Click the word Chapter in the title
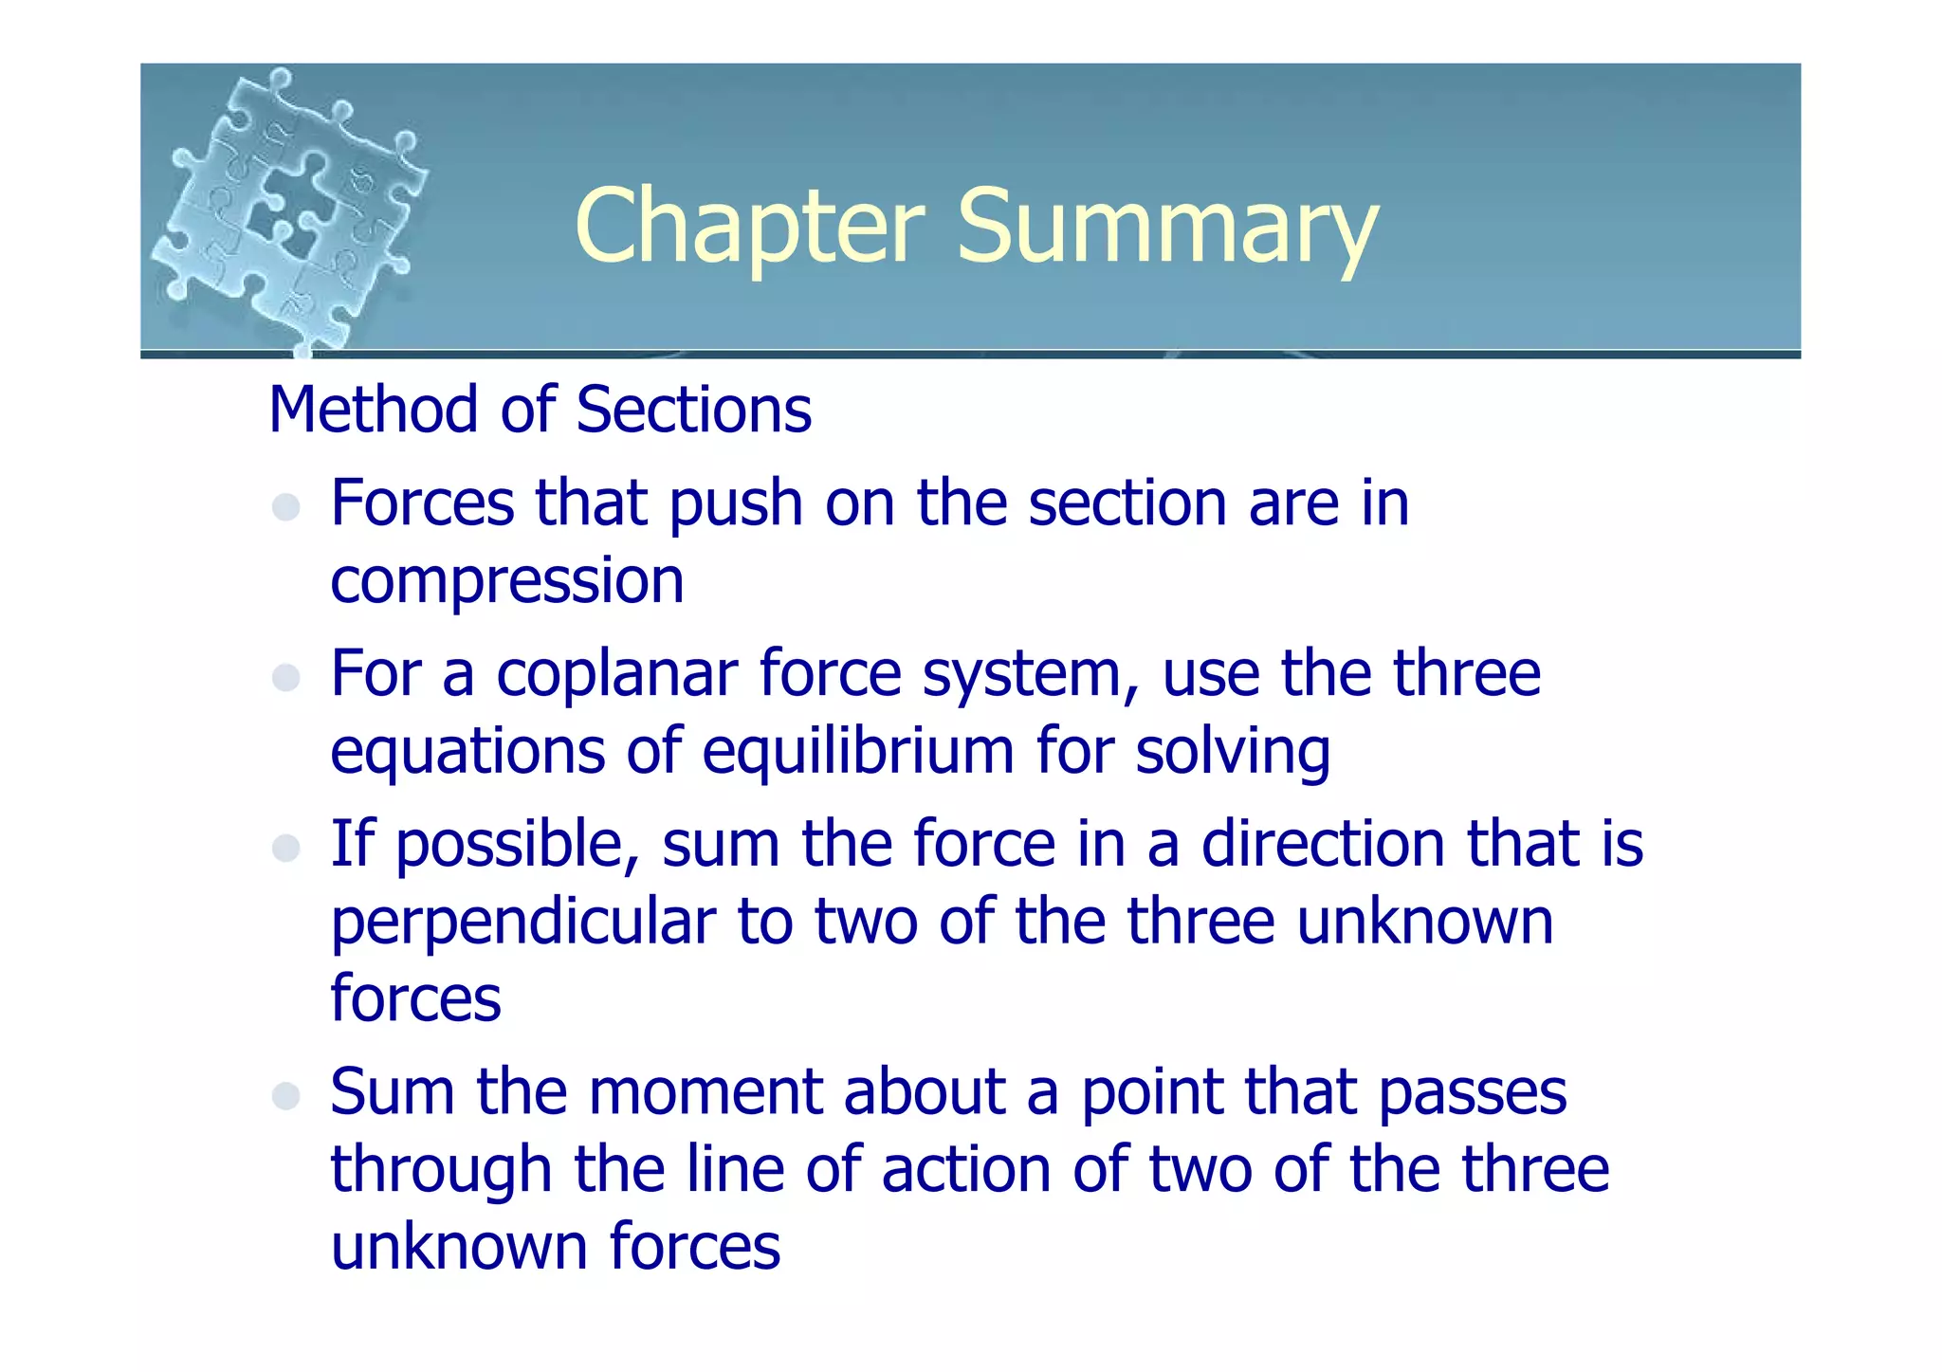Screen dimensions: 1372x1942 [x=749, y=228]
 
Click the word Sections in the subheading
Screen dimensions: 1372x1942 [x=693, y=410]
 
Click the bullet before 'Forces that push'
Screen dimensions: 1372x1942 [x=285, y=507]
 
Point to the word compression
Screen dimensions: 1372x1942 [x=506, y=580]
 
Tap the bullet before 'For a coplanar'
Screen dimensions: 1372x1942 [x=285, y=678]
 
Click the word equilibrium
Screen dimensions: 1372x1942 [x=858, y=751]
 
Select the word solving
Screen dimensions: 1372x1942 [x=1233, y=751]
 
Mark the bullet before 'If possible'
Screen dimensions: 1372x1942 [x=285, y=848]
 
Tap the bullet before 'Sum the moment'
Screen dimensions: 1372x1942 [x=285, y=1096]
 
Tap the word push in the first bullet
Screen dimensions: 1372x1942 [x=736, y=503]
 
